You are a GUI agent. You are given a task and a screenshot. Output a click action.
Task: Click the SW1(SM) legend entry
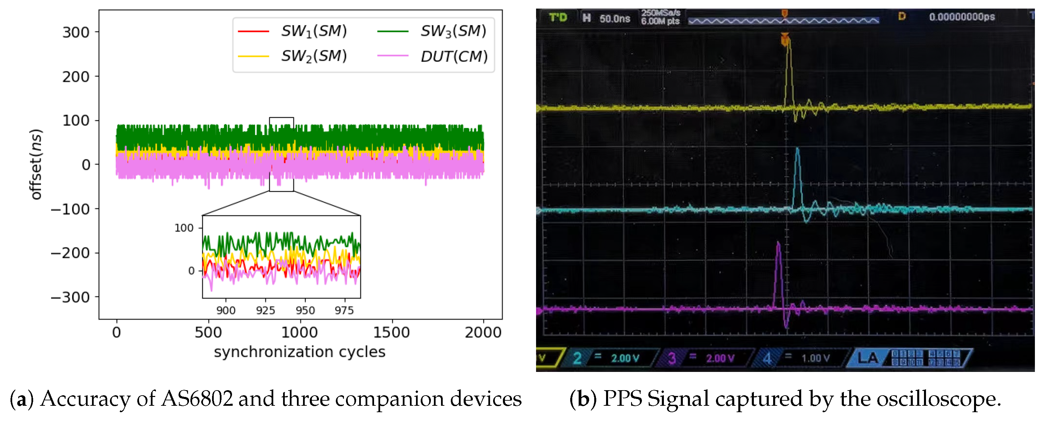point(314,31)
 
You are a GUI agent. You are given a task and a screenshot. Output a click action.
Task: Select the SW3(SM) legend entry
point(453,31)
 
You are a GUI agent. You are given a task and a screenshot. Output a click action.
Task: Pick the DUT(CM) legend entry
point(454,56)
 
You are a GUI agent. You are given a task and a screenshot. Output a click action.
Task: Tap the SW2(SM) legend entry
point(314,56)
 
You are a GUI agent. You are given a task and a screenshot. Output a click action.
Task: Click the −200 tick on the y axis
point(70,253)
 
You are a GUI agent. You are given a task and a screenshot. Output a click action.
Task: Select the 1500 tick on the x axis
point(391,332)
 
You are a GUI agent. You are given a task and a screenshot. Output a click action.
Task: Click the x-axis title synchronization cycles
point(299,352)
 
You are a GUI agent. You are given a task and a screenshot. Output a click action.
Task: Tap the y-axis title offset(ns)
point(36,164)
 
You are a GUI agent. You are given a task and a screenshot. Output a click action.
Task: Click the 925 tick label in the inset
point(265,310)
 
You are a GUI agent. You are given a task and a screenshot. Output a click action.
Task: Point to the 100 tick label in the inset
point(184,228)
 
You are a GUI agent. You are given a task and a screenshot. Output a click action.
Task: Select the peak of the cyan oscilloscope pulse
point(797,149)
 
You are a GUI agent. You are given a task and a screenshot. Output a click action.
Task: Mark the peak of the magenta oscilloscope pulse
point(778,243)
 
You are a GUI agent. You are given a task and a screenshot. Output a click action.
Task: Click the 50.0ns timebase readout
point(615,19)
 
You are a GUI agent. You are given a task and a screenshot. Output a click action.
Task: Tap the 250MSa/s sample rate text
point(661,13)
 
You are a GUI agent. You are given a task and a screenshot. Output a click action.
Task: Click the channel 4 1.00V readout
point(815,358)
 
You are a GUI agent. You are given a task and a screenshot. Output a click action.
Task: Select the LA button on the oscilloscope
point(868,358)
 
